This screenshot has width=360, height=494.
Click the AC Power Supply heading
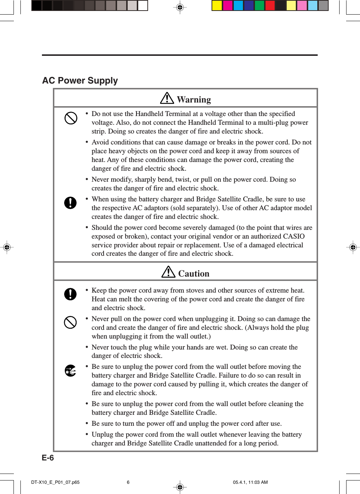80,81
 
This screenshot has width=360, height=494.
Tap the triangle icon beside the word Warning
167,98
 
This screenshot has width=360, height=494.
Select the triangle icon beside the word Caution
168,272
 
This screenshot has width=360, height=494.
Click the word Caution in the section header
194,274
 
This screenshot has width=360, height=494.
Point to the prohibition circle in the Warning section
71,118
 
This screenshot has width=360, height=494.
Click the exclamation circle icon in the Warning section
70,202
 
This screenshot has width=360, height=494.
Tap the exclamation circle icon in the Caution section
70,294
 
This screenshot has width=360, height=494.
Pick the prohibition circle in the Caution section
70,322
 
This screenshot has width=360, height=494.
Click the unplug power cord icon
70,371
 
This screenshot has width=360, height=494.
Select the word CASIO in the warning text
294,236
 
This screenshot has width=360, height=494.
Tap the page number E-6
48,458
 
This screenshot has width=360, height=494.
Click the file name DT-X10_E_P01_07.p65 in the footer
55,482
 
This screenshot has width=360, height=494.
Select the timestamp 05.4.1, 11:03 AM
250,482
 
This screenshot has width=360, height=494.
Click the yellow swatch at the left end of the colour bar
217,5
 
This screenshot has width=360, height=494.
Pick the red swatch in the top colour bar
270,5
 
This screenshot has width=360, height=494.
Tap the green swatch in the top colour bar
259,5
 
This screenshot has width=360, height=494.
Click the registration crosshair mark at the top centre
180,7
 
